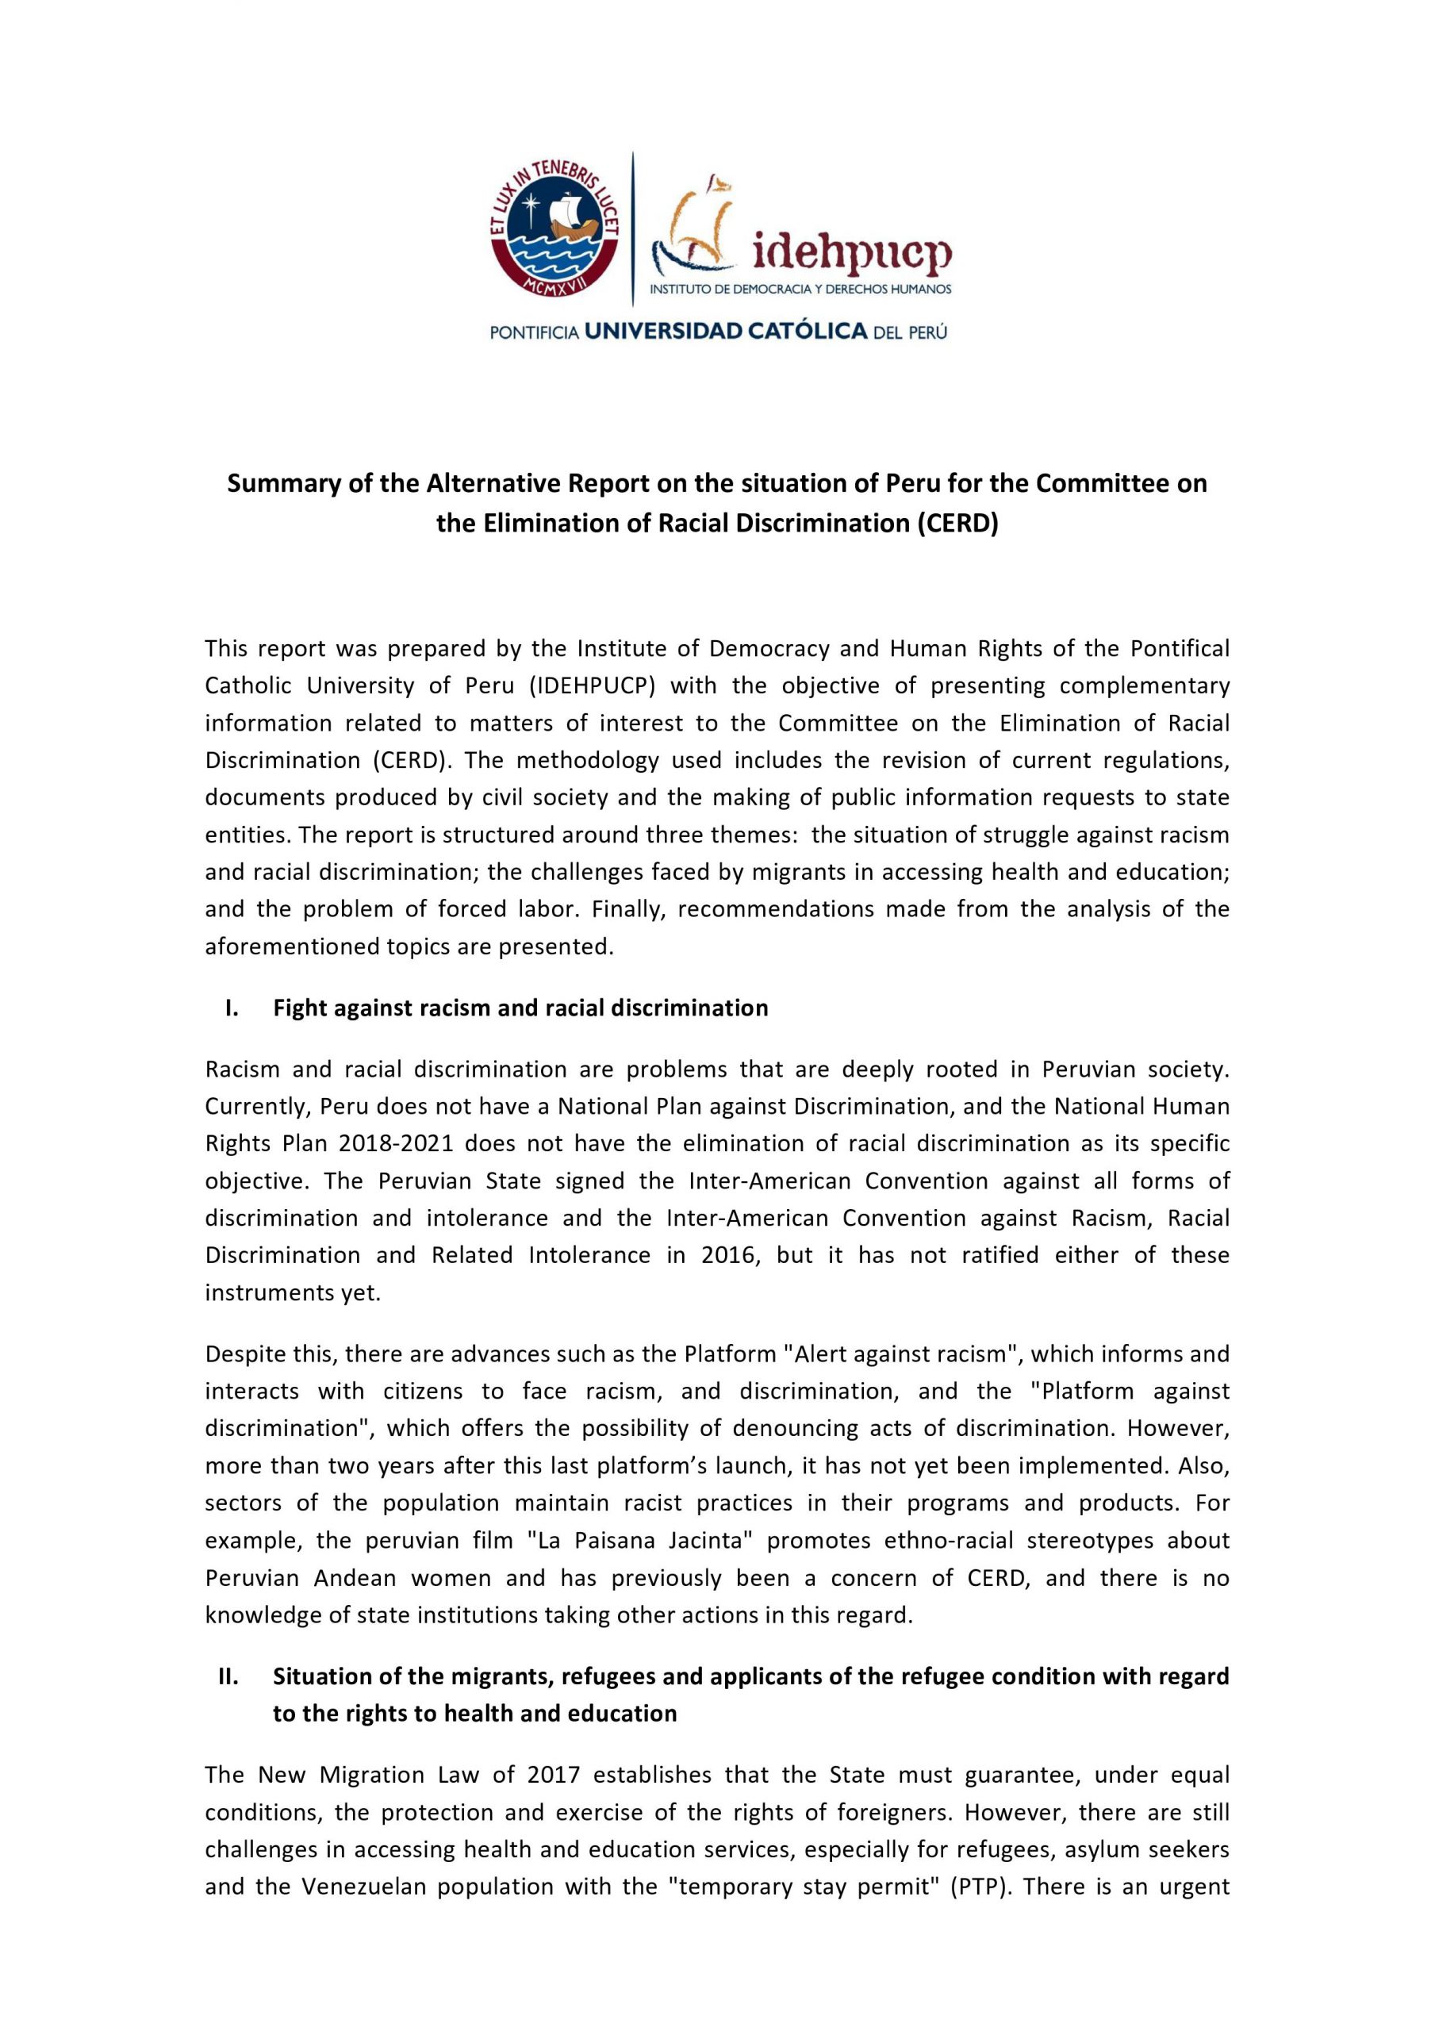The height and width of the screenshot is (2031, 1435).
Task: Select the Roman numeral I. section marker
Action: (x=232, y=1008)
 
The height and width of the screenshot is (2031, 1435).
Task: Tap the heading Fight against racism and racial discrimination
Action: (x=520, y=1008)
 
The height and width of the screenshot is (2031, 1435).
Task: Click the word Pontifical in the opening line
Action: (x=1180, y=648)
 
